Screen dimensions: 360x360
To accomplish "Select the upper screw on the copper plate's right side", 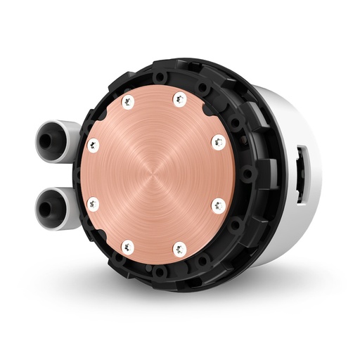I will pyautogui.click(x=218, y=141).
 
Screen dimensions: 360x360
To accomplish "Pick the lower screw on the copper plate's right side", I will pyautogui.click(x=218, y=205).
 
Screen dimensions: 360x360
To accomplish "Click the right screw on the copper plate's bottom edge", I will pyautogui.click(x=179, y=247).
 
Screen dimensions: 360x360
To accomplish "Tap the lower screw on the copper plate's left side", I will pyautogui.click(x=91, y=204).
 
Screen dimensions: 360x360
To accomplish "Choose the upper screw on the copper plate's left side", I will pyautogui.click(x=91, y=146).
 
